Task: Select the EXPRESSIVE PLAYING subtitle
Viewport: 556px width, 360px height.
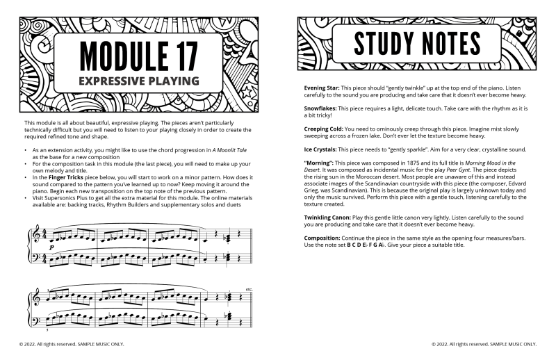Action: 138,81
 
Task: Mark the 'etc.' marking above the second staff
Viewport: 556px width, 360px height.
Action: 249,289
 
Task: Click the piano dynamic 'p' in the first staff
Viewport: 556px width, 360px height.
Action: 52,245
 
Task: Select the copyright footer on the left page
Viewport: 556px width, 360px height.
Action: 72,344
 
